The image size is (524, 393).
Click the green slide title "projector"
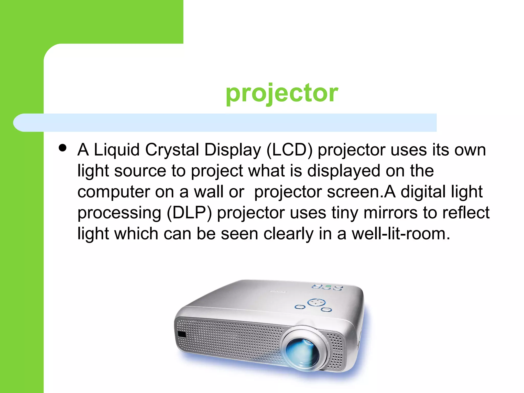(282, 93)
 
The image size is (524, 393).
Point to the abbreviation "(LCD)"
(289, 150)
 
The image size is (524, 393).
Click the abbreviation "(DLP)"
(189, 213)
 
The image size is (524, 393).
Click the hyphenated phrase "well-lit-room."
(401, 234)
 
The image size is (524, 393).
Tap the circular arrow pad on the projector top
(316, 302)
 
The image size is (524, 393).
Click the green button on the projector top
(328, 286)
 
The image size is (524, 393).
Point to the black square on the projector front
(182, 334)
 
